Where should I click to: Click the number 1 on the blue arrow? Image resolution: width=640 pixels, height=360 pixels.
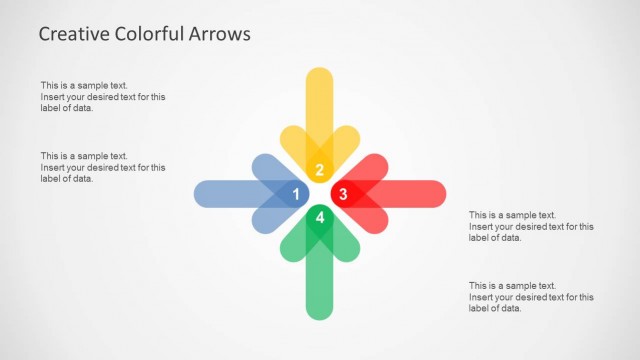tap(296, 193)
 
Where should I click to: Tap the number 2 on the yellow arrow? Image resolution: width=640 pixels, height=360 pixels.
tap(319, 169)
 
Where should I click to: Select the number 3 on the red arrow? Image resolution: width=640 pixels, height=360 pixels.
tap(342, 193)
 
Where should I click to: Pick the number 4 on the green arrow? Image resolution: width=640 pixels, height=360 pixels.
tap(319, 217)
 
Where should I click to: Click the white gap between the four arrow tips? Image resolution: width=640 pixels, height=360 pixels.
tap(319, 193)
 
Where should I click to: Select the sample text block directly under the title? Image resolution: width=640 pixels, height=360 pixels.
tap(103, 97)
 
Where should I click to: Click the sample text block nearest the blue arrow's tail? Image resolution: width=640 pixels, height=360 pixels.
tap(103, 167)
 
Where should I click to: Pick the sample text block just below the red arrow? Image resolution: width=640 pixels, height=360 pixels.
tap(531, 226)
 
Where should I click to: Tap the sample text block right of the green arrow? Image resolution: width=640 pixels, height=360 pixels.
tap(531, 296)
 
